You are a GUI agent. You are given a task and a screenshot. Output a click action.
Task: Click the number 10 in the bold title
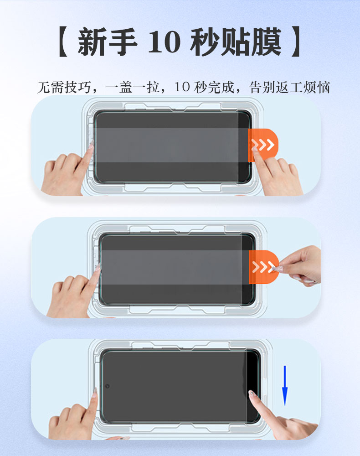point(164,42)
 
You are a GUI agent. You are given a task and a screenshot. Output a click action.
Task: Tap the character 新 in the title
point(92,42)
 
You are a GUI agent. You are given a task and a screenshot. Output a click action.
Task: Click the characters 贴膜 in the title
point(251,42)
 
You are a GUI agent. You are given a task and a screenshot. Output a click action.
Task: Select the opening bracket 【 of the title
point(63,42)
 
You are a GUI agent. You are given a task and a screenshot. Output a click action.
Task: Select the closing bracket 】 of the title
point(296,42)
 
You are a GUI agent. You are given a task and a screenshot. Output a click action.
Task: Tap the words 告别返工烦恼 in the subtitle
point(289,87)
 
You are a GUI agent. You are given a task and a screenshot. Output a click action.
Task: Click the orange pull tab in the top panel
point(263,145)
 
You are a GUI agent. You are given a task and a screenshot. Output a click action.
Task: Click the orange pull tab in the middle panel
point(263,267)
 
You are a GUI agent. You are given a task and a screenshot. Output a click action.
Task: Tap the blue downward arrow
point(285,385)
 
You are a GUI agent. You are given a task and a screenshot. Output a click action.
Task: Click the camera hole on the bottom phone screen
point(107,386)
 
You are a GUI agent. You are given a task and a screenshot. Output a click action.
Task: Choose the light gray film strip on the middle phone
point(175,267)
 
